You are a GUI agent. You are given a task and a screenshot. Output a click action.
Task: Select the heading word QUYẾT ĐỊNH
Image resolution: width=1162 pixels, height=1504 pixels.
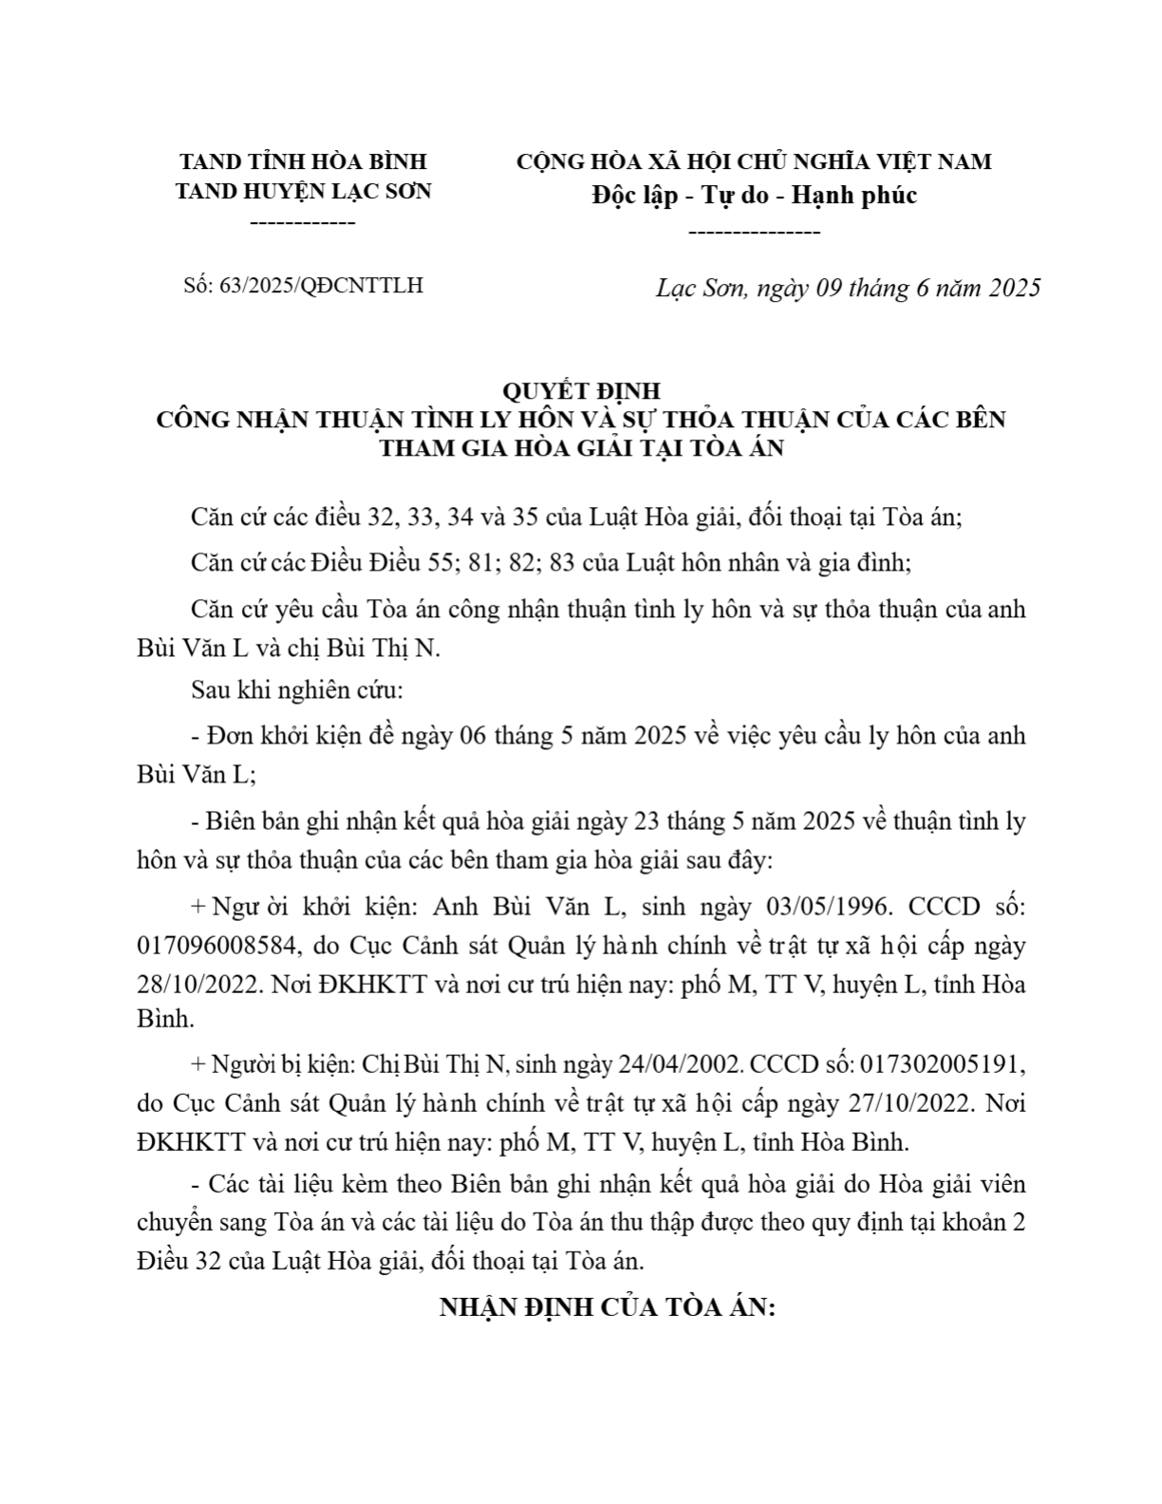(x=580, y=390)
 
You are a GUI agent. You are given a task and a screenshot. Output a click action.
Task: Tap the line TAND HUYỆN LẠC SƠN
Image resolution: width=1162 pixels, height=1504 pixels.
(x=303, y=191)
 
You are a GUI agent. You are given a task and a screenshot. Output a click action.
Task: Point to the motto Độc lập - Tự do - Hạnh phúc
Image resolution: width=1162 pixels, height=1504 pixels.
(x=754, y=196)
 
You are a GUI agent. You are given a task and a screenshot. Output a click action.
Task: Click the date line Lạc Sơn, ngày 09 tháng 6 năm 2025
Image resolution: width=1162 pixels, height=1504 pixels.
(x=848, y=288)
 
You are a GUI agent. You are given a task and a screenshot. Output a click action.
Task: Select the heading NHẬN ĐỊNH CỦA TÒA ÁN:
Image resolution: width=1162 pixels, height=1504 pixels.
(x=608, y=1307)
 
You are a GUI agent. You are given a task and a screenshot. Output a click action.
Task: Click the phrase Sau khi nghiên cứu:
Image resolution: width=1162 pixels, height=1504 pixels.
(x=297, y=690)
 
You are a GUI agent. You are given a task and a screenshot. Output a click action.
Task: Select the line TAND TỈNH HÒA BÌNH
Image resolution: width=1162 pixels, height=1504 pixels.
(x=303, y=161)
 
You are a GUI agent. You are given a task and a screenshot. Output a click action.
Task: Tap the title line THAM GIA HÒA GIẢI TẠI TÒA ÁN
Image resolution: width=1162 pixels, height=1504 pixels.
(x=581, y=447)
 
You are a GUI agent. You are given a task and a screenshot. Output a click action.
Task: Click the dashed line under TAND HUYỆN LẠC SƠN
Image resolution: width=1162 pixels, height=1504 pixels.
(x=302, y=223)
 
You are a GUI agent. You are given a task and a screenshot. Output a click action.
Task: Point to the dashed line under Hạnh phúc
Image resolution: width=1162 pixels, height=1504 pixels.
(x=753, y=232)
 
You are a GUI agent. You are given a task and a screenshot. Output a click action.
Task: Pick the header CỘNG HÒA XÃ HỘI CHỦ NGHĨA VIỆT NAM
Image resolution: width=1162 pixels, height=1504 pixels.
(x=754, y=161)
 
